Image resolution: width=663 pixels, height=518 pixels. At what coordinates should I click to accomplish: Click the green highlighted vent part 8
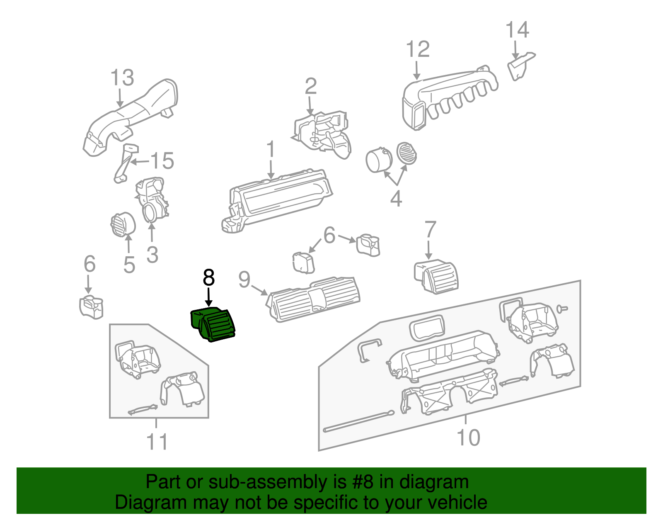point(213,325)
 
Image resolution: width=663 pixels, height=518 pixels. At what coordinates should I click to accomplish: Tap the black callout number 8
point(209,278)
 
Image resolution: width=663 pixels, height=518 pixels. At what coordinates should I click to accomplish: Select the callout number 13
point(122,78)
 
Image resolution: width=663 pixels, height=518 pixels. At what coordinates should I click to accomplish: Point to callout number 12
point(418,49)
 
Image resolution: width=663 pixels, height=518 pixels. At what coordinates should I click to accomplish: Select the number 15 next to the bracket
point(162,161)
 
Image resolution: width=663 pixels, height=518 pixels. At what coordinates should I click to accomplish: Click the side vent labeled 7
point(437,277)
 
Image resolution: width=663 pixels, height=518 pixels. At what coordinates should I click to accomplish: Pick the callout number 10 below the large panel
point(468,438)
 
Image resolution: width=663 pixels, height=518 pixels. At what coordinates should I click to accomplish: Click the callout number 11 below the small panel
point(157,442)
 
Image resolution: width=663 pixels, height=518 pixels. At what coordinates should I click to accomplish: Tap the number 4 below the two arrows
point(396,199)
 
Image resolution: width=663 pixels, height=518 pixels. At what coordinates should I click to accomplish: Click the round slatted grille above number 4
point(407,153)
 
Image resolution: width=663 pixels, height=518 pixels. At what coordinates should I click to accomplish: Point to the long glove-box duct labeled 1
point(278,199)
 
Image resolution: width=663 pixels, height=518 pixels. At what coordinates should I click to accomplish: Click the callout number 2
point(311,86)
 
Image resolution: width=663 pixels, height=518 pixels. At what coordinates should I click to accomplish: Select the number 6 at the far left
point(90,264)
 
